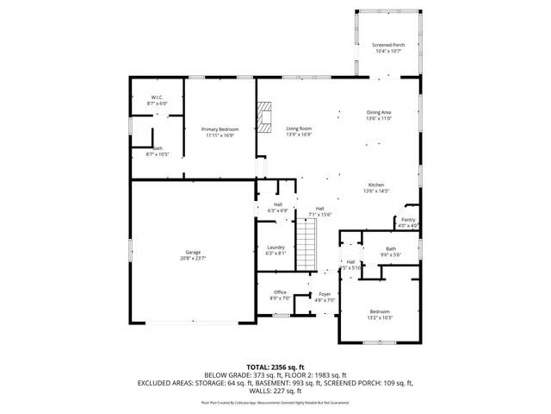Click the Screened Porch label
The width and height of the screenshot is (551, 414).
point(388,45)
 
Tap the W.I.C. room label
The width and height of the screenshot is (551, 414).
point(158,97)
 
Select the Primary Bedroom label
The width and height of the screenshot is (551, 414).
point(220,129)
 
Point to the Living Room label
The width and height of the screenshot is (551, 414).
point(299,129)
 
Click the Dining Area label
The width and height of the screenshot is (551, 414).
point(379,112)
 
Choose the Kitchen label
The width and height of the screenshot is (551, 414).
point(376,185)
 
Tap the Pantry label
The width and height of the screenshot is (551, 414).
point(408,220)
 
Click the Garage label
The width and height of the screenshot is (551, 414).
point(193,252)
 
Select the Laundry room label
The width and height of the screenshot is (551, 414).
point(275,248)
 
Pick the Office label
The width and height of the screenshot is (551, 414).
point(280,292)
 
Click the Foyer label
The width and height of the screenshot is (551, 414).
point(325,293)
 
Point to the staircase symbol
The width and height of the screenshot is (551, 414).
point(307,245)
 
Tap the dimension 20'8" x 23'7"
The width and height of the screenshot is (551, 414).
point(193,258)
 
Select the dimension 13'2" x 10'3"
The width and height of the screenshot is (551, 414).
point(380,317)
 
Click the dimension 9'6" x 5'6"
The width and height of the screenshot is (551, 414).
point(392,254)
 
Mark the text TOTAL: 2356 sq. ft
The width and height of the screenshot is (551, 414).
point(275,367)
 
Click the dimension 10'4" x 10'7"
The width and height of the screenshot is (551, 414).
point(388,51)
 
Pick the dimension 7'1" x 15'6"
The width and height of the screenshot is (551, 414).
point(319,215)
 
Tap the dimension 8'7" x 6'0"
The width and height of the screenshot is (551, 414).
point(158,103)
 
